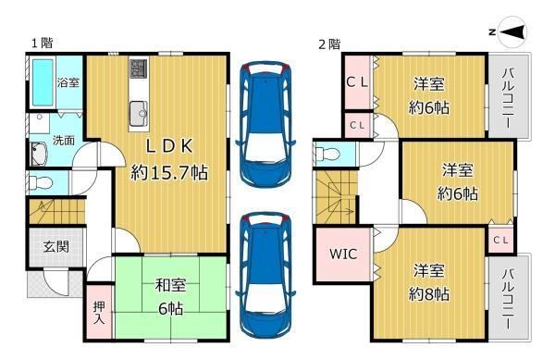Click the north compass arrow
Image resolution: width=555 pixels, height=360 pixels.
[x=512, y=32]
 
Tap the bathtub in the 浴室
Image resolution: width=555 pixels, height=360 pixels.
[x=43, y=82]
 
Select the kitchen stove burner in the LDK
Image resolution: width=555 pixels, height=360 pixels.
[x=139, y=68]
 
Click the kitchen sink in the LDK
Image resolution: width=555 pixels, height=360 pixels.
[x=139, y=113]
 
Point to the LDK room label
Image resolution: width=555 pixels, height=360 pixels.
[x=169, y=146]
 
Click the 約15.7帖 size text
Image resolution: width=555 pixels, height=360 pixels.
[x=169, y=173]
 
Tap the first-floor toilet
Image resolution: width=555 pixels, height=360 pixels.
[x=41, y=183]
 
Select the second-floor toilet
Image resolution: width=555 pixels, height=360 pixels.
[x=327, y=154]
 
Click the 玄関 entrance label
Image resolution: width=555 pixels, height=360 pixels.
[x=56, y=246]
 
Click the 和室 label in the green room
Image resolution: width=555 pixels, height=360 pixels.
[x=170, y=285]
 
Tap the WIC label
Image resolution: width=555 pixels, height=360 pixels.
[x=343, y=254]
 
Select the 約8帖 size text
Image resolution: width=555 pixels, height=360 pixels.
[x=429, y=293]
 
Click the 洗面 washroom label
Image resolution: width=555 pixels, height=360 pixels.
[x=64, y=140]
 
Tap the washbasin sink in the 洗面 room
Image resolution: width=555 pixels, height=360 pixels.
[x=39, y=154]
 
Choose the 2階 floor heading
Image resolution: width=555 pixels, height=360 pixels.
[x=329, y=44]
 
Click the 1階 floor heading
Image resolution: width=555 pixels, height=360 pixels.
[x=43, y=43]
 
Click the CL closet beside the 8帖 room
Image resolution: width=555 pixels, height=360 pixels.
[x=500, y=241]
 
